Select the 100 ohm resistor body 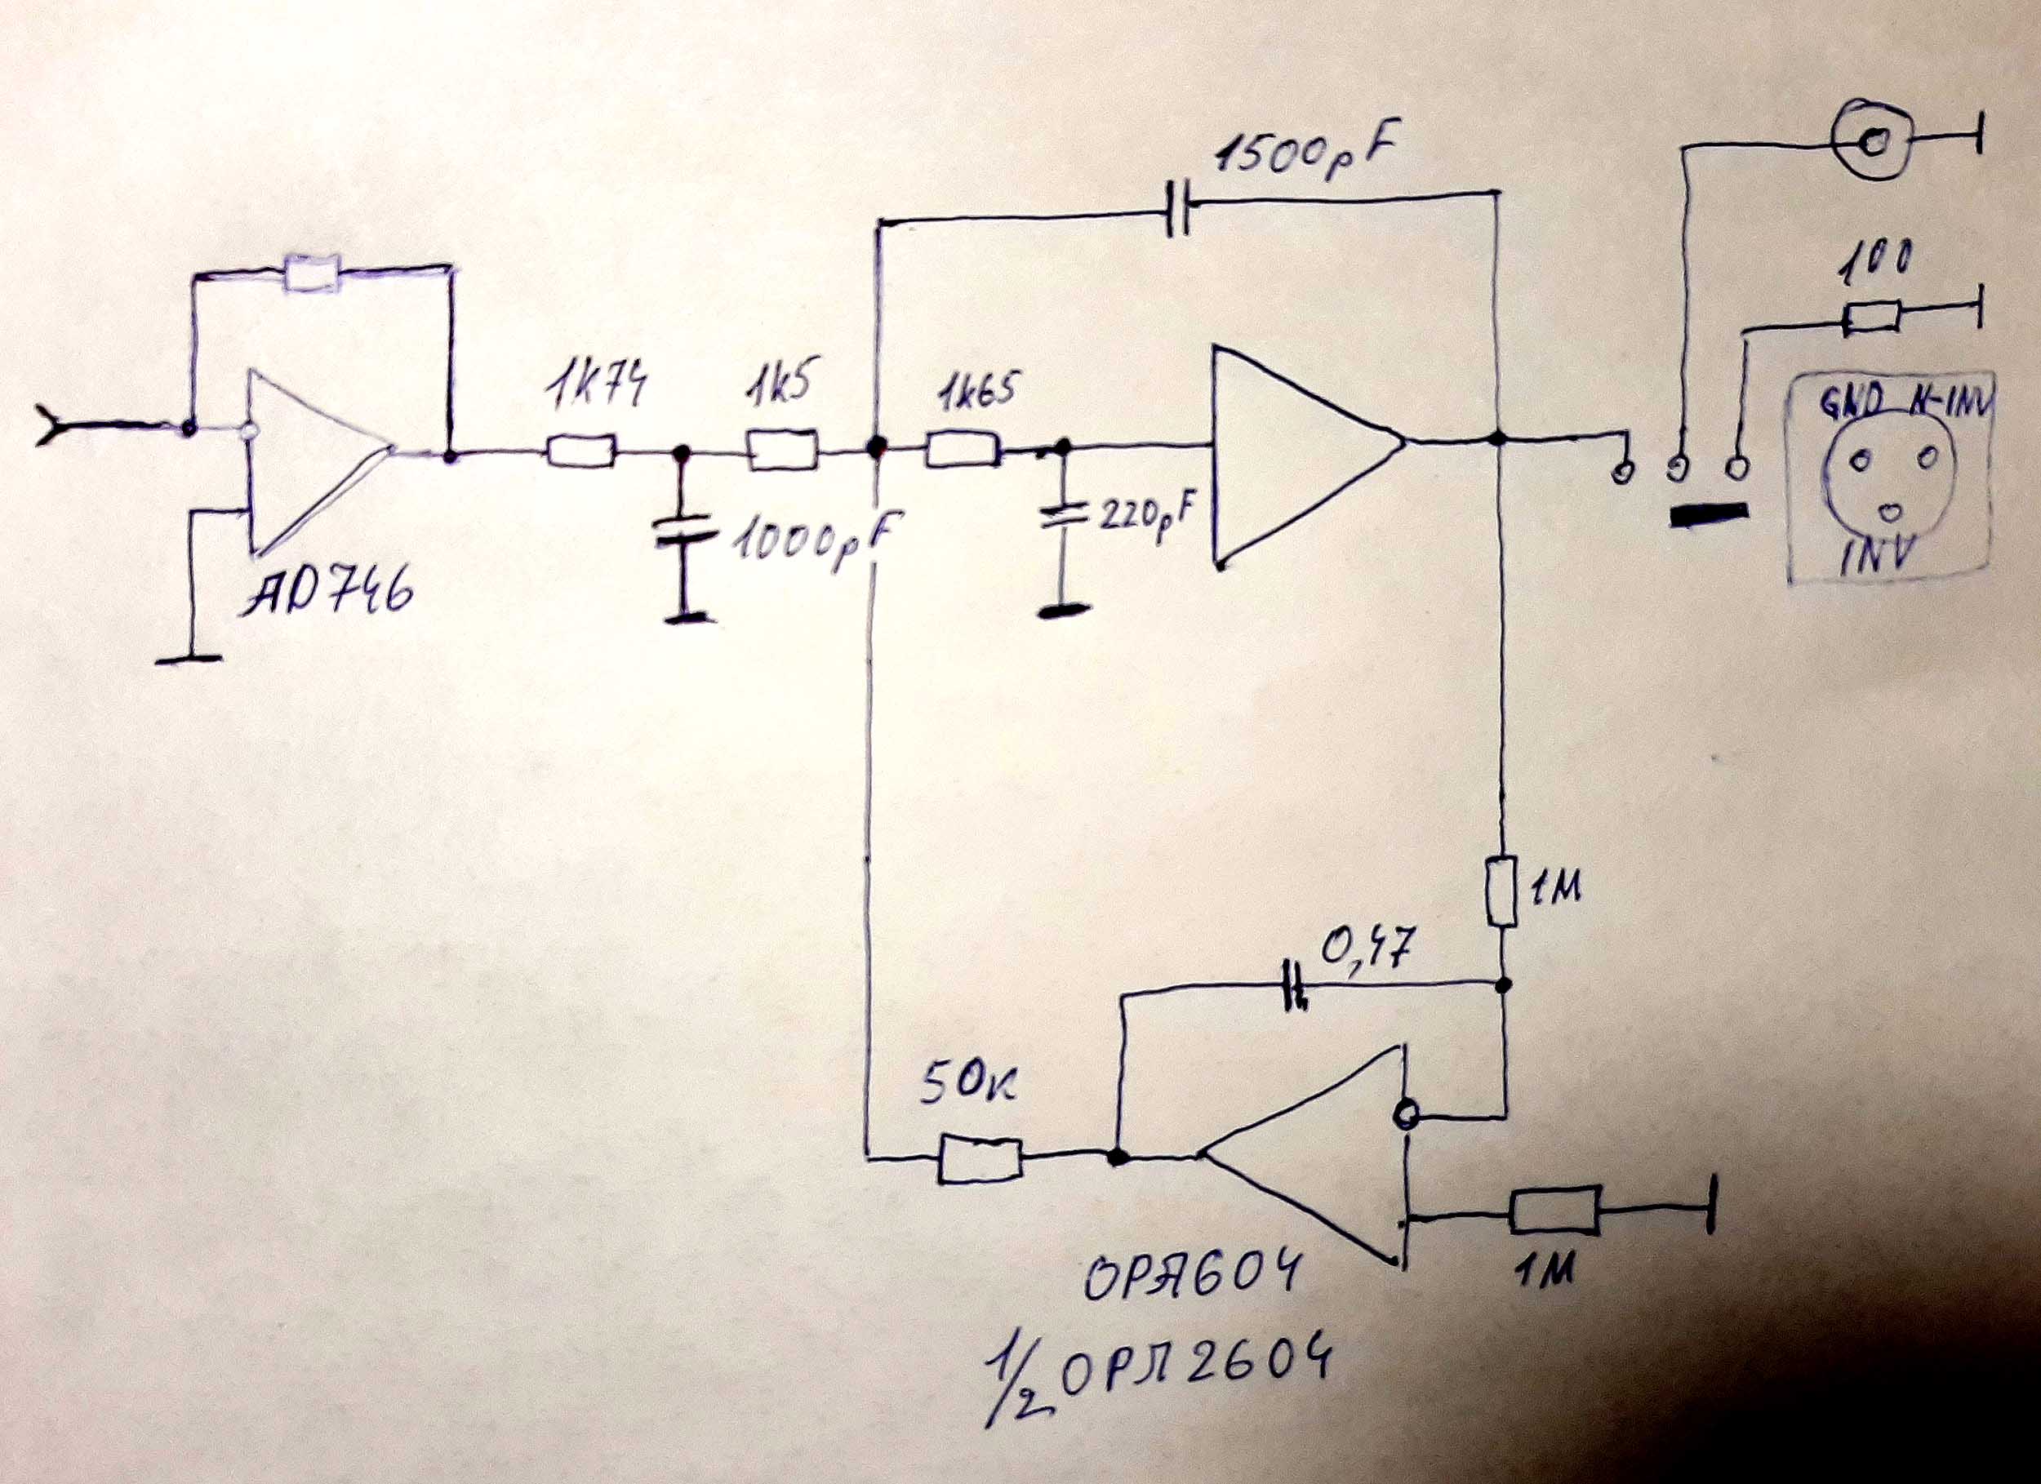1872,318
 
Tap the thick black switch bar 1708,515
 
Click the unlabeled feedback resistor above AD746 311,273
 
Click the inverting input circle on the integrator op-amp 1403,1116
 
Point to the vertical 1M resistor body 1502,893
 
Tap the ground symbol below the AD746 189,659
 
